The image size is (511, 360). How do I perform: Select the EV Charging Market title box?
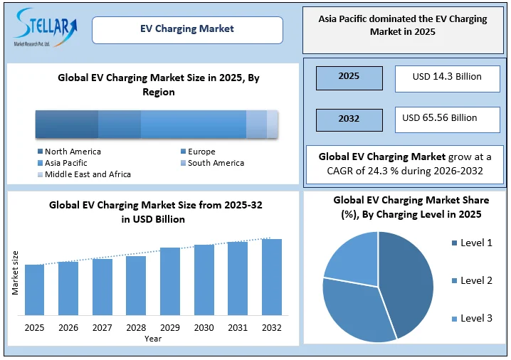187,30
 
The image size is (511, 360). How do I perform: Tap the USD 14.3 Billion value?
447,77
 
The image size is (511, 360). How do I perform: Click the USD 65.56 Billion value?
447,118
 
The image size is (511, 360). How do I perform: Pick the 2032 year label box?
349,119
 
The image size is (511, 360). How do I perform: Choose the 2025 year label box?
349,77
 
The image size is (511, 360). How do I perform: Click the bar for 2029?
170,280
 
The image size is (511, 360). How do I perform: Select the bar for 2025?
34,289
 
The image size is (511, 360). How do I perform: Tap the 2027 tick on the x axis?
102,328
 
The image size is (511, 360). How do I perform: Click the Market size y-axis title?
15,272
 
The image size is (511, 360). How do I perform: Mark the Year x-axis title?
153,339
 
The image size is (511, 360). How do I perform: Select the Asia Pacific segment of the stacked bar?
193,125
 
